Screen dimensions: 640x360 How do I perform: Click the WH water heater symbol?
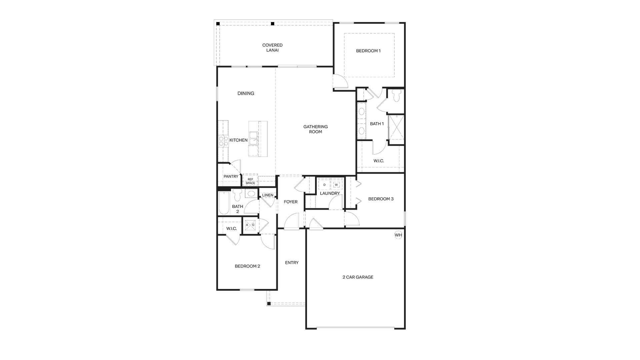tap(398, 235)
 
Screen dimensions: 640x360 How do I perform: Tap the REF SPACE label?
tap(250, 181)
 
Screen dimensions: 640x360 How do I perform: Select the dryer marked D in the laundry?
tap(324, 184)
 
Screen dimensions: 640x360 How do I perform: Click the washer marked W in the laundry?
tap(336, 184)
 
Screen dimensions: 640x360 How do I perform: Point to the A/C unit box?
tap(250, 225)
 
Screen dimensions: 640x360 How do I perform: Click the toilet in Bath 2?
tap(237, 195)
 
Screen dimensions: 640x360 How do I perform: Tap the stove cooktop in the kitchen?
tap(223, 141)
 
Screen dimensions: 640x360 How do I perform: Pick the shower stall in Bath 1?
tap(396, 129)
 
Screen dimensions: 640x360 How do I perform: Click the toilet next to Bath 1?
tap(396, 96)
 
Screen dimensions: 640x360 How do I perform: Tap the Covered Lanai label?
tap(272, 48)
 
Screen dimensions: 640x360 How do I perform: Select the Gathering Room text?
tap(315, 129)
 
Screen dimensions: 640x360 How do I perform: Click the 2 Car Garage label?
tap(358, 277)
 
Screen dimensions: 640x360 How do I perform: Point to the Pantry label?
tap(231, 176)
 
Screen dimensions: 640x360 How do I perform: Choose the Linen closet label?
tap(268, 195)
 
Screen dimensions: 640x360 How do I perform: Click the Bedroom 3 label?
tap(381, 199)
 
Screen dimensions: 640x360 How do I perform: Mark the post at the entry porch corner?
tap(269, 304)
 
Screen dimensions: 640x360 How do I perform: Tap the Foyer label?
tap(291, 202)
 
